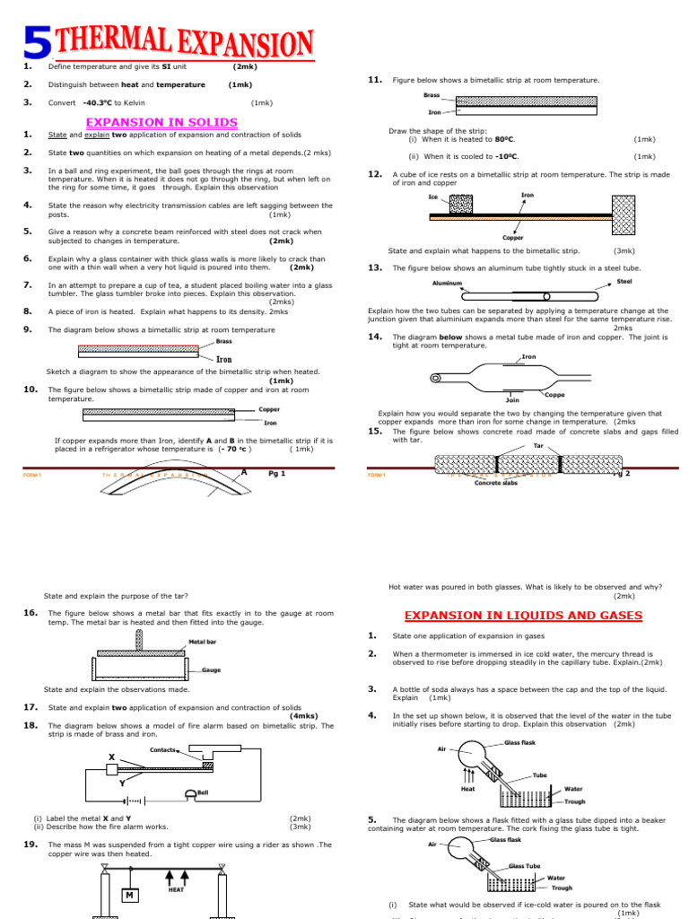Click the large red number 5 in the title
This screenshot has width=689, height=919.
click(x=35, y=46)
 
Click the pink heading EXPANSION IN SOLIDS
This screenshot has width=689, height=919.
click(x=161, y=121)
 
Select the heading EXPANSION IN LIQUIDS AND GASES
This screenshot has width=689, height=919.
click(x=523, y=615)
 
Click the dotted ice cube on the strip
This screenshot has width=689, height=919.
click(x=459, y=204)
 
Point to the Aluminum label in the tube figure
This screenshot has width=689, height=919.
click(x=448, y=283)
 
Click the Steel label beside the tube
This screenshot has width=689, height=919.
click(x=624, y=281)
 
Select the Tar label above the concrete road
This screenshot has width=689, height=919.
click(x=539, y=445)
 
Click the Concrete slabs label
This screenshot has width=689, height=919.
click(x=496, y=483)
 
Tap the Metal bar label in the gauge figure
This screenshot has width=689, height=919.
click(x=204, y=642)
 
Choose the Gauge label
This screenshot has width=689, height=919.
click(x=212, y=670)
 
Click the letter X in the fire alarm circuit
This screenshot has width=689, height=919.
click(x=111, y=757)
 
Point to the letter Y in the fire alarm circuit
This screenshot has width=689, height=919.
click(x=122, y=783)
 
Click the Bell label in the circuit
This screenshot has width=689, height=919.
click(x=203, y=792)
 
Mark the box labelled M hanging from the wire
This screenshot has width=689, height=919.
click(x=130, y=896)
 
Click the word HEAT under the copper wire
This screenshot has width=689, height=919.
click(x=177, y=889)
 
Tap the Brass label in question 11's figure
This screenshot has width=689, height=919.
click(x=432, y=94)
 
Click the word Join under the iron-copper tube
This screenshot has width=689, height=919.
click(x=513, y=400)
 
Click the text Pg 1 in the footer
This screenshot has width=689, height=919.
click(x=277, y=473)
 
